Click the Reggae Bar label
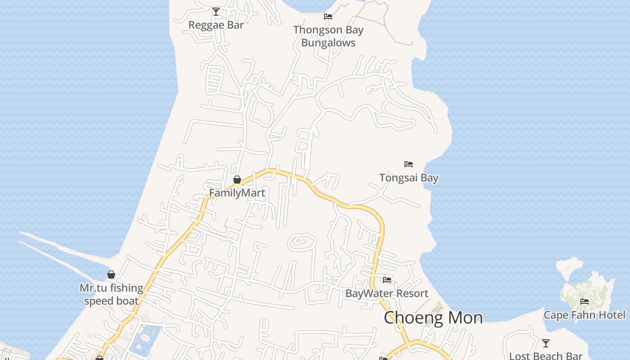[x=216, y=25]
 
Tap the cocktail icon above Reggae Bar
[x=216, y=11]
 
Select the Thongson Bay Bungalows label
[x=328, y=36]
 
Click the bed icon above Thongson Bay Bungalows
[x=328, y=17]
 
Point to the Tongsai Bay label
[x=409, y=178]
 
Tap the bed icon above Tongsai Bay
[x=409, y=164]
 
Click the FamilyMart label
[x=237, y=193]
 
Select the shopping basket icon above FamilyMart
[x=237, y=180]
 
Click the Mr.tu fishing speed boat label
[x=111, y=294]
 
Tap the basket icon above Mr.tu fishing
[x=111, y=274]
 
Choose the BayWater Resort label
[x=387, y=293]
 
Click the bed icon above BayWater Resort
[x=387, y=279]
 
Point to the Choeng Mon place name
[x=433, y=318]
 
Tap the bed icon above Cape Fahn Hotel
[x=585, y=301]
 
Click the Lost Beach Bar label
[x=545, y=356]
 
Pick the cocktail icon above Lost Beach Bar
[x=546, y=343]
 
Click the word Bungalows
[x=328, y=43]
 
